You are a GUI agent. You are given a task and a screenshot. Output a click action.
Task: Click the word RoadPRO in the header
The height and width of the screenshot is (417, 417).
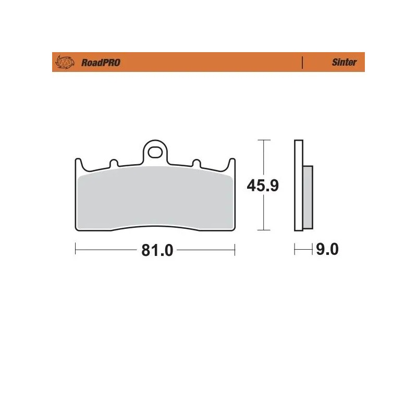(101, 63)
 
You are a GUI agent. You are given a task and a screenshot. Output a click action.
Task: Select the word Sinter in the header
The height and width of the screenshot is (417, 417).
(344, 63)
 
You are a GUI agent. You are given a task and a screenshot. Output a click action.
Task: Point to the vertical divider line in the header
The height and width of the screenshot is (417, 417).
(302, 63)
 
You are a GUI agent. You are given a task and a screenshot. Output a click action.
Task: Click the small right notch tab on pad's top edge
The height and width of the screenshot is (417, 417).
(197, 163)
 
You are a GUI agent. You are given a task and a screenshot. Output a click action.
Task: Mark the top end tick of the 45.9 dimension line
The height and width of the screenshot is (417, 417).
(264, 140)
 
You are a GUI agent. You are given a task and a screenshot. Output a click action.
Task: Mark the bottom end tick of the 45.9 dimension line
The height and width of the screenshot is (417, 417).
(264, 230)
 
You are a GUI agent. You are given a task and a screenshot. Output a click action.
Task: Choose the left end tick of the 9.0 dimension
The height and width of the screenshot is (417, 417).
(295, 250)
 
